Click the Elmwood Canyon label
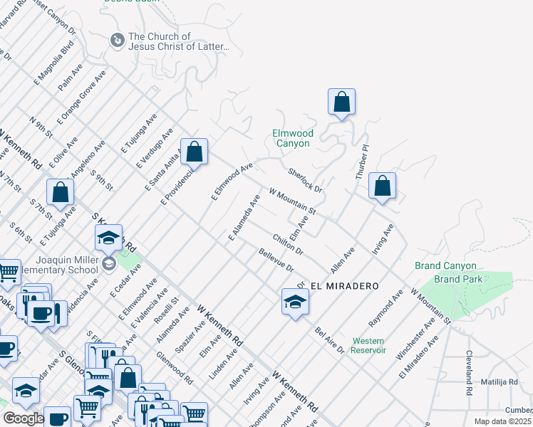coord(292,138)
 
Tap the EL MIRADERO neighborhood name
coord(344,285)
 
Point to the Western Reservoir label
coord(368,345)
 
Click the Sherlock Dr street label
coord(305,181)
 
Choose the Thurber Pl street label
coord(363,162)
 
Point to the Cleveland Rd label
coord(470,372)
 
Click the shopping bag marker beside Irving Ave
coord(383,186)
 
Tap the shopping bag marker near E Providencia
coord(194,152)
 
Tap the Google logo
coord(23,418)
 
